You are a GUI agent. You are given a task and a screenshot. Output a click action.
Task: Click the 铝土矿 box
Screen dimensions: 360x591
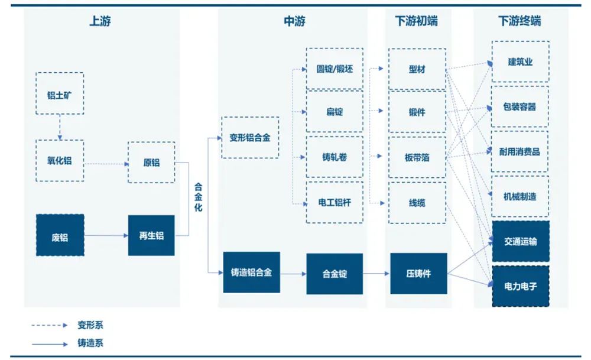(x=60, y=93)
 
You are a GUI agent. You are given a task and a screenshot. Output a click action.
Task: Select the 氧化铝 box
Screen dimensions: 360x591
(x=60, y=160)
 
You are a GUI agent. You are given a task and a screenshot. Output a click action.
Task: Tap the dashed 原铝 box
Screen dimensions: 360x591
(x=151, y=162)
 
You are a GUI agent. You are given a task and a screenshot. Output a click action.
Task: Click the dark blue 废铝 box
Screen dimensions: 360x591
(x=60, y=235)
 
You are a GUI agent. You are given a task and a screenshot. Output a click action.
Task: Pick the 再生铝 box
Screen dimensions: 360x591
(x=151, y=235)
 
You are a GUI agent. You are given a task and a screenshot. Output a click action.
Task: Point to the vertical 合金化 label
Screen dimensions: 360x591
(x=199, y=197)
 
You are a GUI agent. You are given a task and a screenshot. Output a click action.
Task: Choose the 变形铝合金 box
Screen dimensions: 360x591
(x=250, y=138)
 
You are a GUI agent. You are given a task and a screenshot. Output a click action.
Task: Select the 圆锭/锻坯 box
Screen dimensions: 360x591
(x=335, y=69)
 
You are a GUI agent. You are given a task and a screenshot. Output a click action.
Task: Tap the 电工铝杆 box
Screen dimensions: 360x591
(x=335, y=202)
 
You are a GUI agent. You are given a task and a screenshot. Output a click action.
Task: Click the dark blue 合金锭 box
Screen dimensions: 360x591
(x=335, y=274)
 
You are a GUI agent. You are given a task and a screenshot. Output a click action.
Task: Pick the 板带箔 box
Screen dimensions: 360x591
(x=417, y=157)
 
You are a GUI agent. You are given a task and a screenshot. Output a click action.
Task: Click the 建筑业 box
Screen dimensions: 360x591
(x=520, y=61)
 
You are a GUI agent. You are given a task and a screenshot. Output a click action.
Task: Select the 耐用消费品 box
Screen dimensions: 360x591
(x=520, y=151)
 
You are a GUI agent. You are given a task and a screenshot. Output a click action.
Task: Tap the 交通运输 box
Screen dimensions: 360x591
(x=520, y=241)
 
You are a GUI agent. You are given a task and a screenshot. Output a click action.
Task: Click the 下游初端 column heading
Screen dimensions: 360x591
(x=417, y=22)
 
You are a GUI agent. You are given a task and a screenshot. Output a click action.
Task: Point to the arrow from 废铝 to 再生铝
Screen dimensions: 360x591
(x=106, y=235)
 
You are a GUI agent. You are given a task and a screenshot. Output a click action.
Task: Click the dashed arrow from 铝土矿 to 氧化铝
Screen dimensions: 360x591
(x=60, y=127)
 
